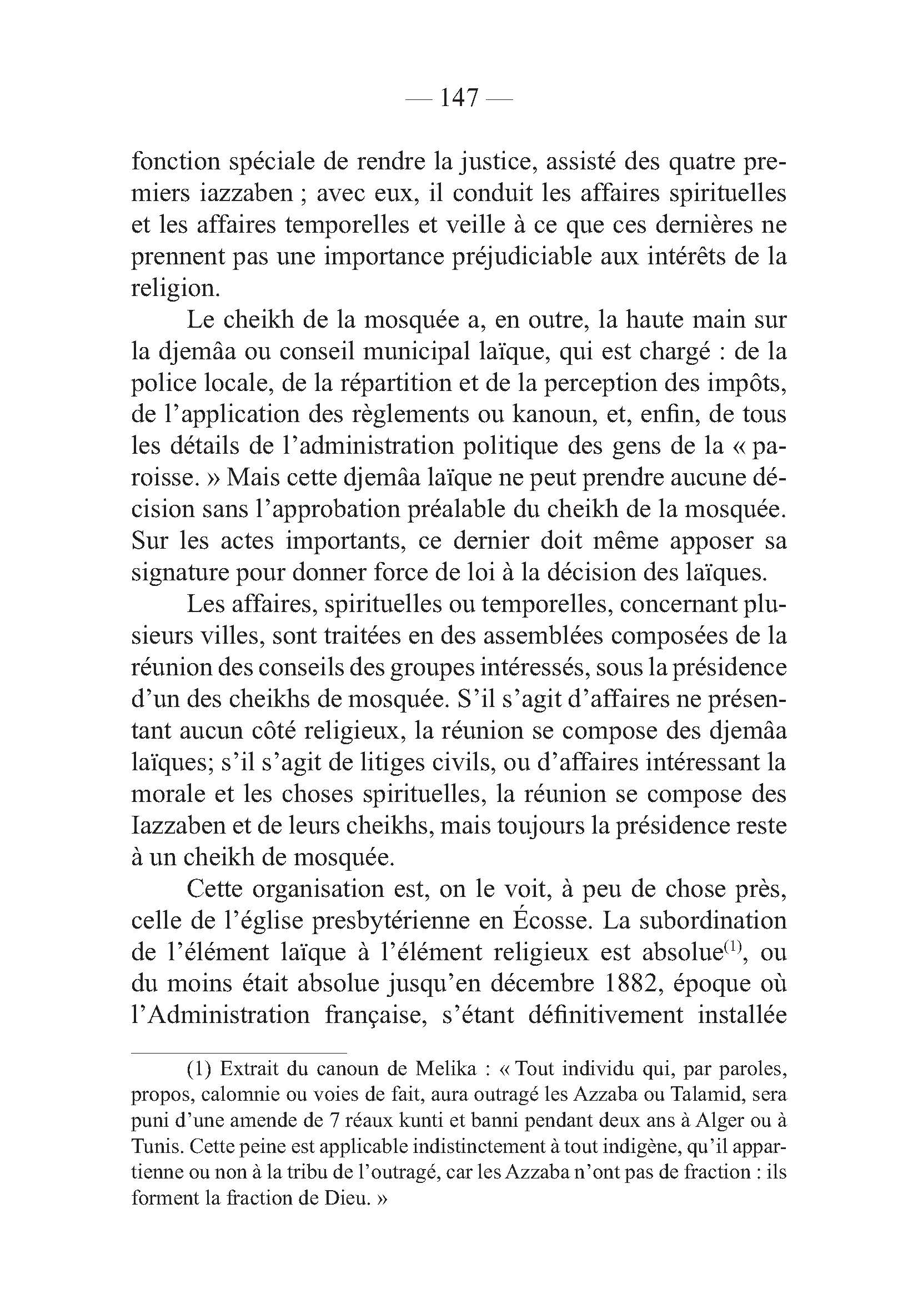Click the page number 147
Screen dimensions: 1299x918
point(459,98)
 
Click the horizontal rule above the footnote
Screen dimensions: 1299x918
point(238,1054)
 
